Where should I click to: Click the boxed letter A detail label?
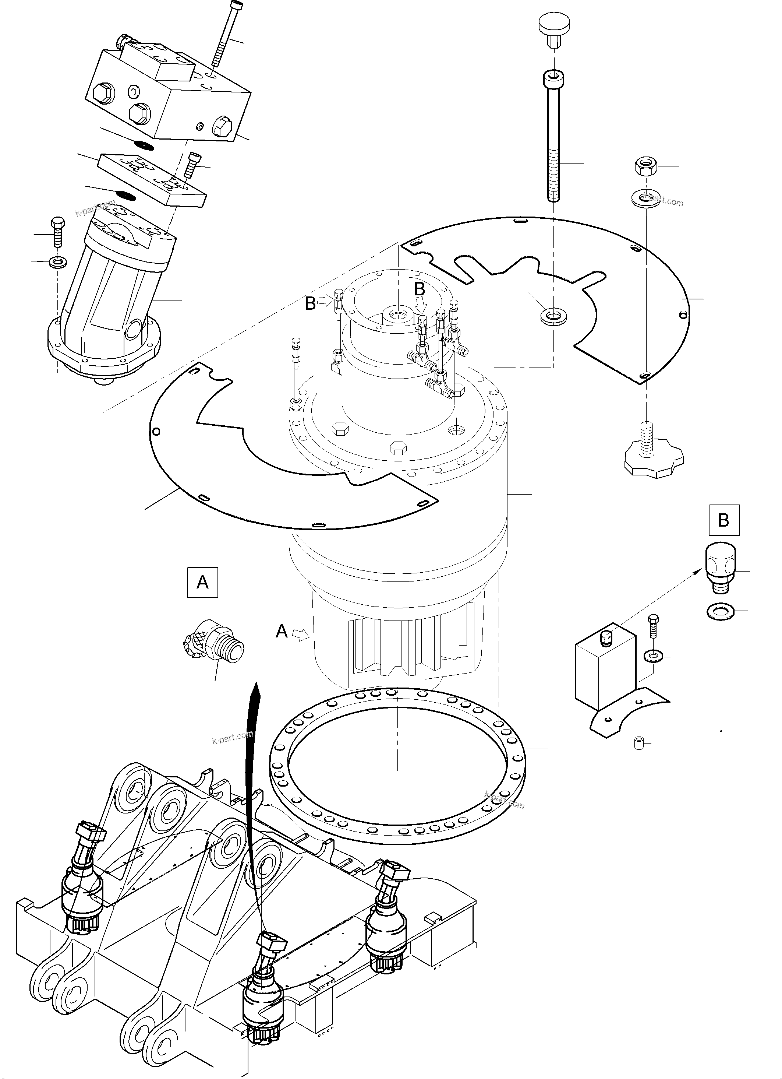[202, 582]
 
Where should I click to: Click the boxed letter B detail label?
[723, 520]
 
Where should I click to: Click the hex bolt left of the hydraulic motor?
[57, 232]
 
